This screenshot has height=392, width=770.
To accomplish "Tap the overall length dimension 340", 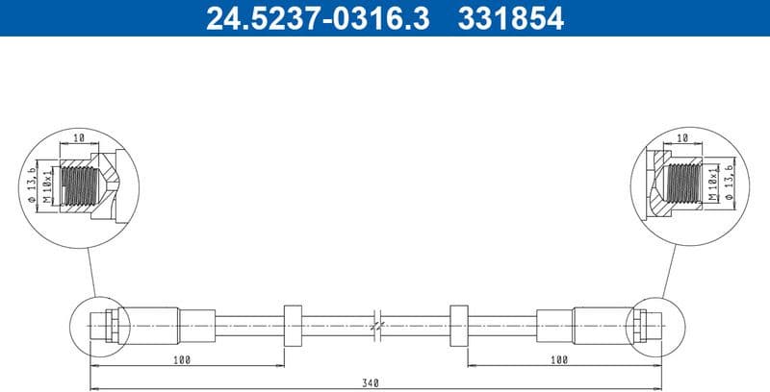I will click(x=371, y=382).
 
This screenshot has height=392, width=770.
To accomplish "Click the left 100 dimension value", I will click(x=183, y=359).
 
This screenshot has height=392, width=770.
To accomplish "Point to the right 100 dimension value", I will click(x=558, y=359).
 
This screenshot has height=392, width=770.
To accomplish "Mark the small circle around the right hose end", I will click(x=654, y=327).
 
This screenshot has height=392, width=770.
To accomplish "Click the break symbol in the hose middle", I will click(x=377, y=326).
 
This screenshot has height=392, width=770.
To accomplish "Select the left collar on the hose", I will click(x=294, y=326).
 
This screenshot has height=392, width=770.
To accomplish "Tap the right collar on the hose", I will click(x=458, y=326).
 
